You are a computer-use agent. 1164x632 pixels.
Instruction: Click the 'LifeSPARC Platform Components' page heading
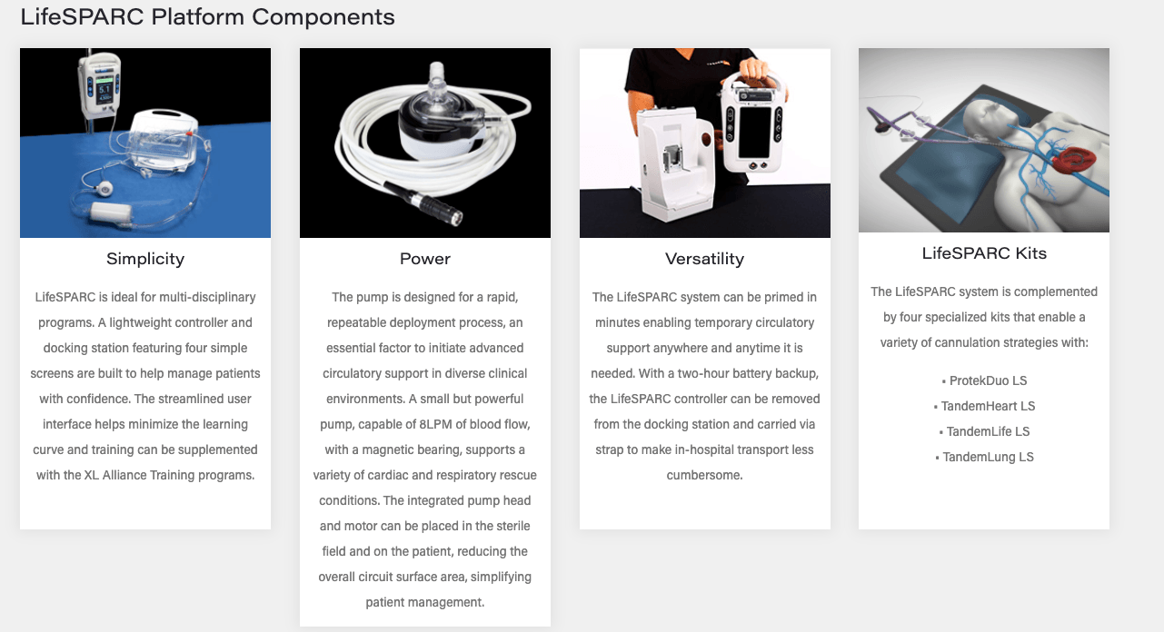coord(207,17)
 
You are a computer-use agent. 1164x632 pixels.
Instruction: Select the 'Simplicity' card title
coord(145,259)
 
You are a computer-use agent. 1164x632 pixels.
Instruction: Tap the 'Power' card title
coord(425,259)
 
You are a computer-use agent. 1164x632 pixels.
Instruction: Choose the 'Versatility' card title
coord(704,259)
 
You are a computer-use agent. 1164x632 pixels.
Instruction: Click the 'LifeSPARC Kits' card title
coord(984,253)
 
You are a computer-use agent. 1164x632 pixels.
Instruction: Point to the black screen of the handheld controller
coord(754,132)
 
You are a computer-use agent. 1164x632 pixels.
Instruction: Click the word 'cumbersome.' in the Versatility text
coord(704,475)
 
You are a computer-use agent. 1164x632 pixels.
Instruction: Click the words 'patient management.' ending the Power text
coord(425,602)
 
